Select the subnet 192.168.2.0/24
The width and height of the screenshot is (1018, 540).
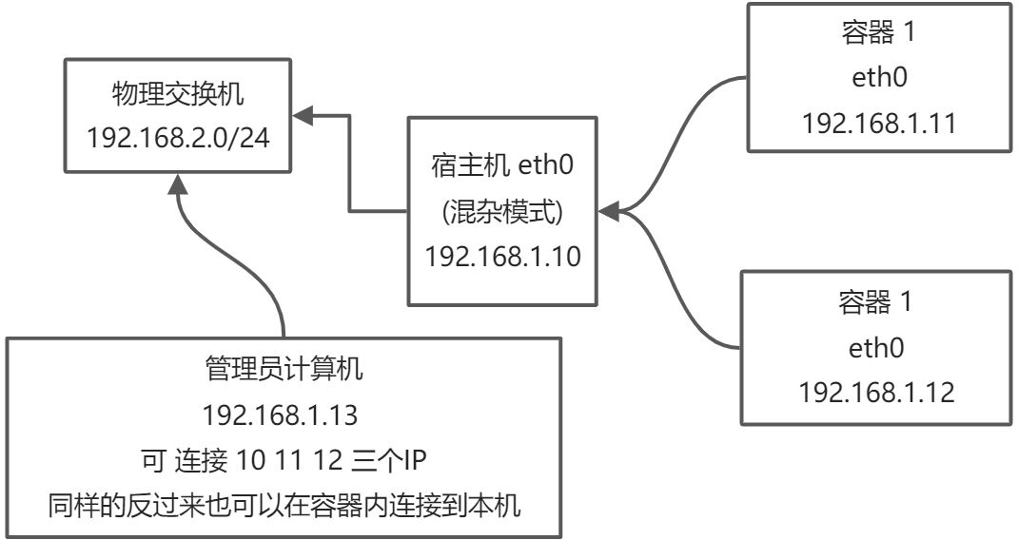pos(178,138)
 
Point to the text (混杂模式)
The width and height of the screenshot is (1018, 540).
pos(503,211)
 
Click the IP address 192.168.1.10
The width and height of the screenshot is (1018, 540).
pos(503,256)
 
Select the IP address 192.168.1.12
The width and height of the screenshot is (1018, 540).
pos(876,392)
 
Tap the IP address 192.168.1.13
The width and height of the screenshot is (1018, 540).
pos(284,416)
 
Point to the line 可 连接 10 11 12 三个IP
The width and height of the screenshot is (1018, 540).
pos(284,461)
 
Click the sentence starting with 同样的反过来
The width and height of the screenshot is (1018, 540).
pos(284,506)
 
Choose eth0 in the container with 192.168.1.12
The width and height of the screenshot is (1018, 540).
pos(876,347)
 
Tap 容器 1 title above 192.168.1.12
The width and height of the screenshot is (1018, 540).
pos(876,302)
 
